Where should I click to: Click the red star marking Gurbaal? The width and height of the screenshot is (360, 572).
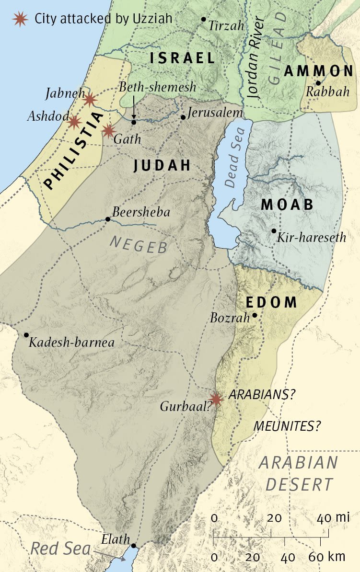click(x=217, y=399)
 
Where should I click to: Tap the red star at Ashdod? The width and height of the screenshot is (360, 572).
click(x=74, y=122)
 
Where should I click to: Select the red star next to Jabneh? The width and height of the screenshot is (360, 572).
click(x=90, y=100)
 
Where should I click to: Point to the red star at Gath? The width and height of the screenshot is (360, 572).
click(x=108, y=130)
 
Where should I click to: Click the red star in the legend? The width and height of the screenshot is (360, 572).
click(x=20, y=19)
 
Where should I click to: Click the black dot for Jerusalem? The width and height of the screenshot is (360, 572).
click(x=183, y=117)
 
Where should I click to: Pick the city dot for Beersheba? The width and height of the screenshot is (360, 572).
click(x=107, y=219)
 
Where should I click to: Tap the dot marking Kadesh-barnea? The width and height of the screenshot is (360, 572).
click(x=26, y=335)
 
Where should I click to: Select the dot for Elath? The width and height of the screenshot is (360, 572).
click(x=133, y=546)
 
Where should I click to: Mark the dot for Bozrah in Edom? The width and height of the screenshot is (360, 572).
click(x=255, y=315)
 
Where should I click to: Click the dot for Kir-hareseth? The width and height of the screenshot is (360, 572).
click(x=274, y=231)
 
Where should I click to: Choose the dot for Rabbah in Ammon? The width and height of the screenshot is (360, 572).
click(x=318, y=83)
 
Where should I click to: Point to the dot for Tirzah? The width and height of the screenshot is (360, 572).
click(x=203, y=19)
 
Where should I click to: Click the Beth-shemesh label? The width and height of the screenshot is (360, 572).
click(x=151, y=87)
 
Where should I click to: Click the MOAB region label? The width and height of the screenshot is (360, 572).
click(x=287, y=205)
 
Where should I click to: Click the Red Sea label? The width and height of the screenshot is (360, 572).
click(x=60, y=549)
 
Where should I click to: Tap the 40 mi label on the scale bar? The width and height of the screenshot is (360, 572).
click(x=333, y=518)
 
